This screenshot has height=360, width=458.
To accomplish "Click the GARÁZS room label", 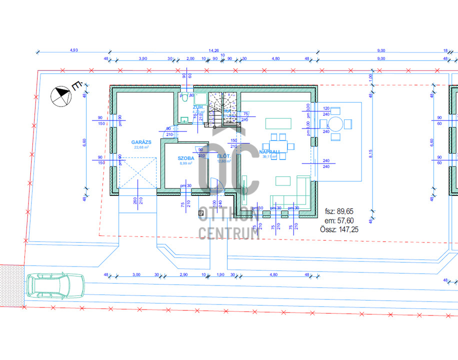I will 141,142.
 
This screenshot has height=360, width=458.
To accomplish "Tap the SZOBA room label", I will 185,158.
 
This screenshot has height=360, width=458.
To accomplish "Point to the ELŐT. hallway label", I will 223,156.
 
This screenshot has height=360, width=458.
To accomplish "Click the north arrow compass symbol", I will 62,94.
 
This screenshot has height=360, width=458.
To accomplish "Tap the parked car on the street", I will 55,286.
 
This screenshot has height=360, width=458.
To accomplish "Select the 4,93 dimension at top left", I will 74,50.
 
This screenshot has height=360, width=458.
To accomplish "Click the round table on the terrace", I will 336,123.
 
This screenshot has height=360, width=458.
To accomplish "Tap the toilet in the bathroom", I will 184,97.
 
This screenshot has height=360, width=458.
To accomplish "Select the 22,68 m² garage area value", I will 141,147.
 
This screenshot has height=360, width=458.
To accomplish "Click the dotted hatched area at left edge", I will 11,282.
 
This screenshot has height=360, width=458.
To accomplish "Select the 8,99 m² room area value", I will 185,163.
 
